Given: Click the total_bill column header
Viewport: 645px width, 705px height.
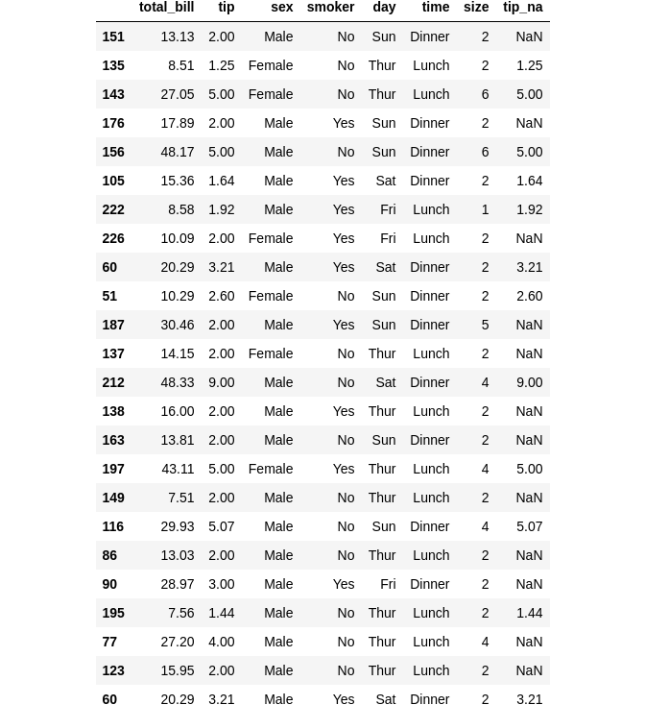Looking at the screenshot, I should pos(166,8).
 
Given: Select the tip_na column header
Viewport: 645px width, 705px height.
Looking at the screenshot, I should pos(522,8).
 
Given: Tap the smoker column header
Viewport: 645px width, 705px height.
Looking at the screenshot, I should pos(330,8).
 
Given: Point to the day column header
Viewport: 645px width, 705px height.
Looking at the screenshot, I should pos(384,8).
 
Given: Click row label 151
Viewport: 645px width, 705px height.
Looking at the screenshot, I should pos(113,36).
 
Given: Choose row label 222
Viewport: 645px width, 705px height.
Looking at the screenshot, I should pos(113,209).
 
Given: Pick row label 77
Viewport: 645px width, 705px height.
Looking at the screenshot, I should pos(109,642).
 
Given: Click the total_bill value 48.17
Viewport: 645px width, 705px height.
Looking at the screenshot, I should pos(178,152).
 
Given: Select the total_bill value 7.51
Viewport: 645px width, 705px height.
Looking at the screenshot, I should pos(181,498).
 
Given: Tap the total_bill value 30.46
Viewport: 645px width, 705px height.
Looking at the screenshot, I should pos(178,325).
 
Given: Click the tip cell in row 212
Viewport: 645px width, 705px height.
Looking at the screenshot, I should pos(222,382).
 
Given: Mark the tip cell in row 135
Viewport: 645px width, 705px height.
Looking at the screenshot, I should pos(222,65).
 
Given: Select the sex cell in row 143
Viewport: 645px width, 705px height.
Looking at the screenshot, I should pos(271,94).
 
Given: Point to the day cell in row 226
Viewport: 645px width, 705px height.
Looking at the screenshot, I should pos(388,238).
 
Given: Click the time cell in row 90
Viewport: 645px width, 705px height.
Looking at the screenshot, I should pos(430,584).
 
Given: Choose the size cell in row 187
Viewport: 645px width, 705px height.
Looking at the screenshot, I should pos(485,325).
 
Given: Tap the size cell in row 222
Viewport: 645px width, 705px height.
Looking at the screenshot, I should pos(485,209).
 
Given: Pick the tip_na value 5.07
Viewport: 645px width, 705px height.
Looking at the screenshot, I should pos(530,526).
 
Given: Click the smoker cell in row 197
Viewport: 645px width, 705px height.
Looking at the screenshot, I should pos(344,469).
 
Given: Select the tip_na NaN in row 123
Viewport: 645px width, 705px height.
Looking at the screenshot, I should pos(529,670).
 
